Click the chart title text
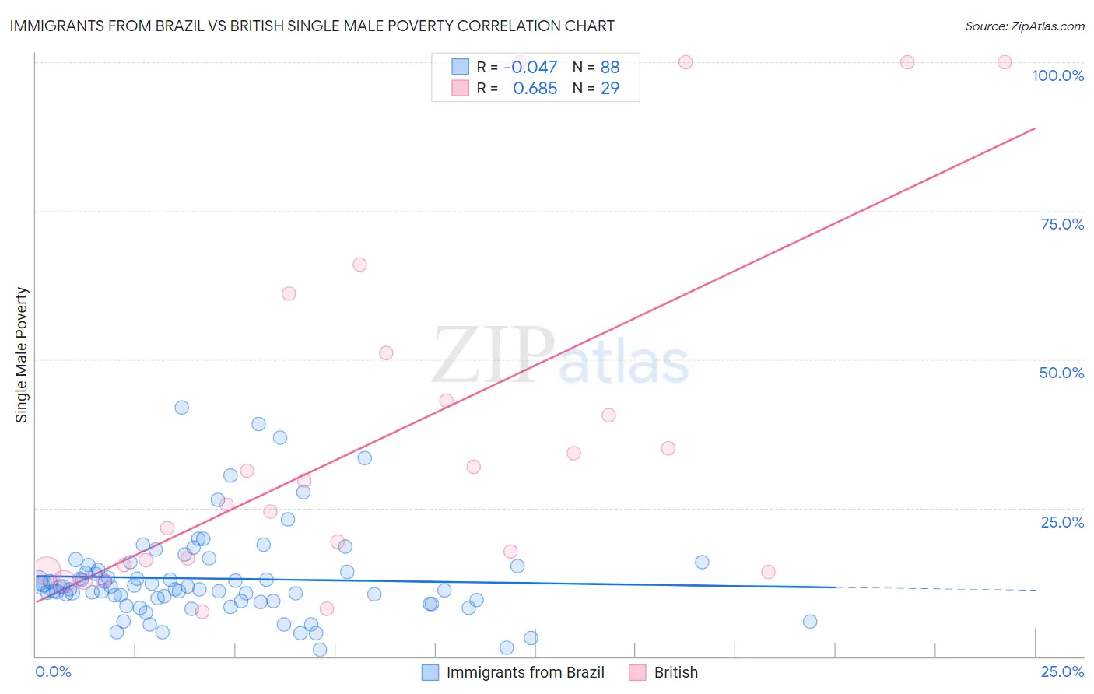pos(312,26)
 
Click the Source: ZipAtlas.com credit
pos(1024,26)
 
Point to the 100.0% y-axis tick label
pos(1057,75)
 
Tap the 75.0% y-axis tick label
pos(1062,224)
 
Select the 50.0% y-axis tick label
pos(1061,373)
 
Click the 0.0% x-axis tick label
pos(53,671)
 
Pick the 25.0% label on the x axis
pos(1062,671)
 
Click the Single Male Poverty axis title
pos(21,355)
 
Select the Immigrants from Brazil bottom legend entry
pos(514,672)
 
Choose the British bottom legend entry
pos(664,672)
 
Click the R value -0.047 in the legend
pos(531,68)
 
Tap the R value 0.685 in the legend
pos(535,89)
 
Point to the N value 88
pos(610,68)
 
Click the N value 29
pos(610,89)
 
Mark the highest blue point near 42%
pos(182,408)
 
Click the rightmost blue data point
pos(810,621)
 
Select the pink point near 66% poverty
pos(359,265)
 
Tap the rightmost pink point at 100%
pos(1005,62)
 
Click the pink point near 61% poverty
pos(289,293)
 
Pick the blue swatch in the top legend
pos(461,68)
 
